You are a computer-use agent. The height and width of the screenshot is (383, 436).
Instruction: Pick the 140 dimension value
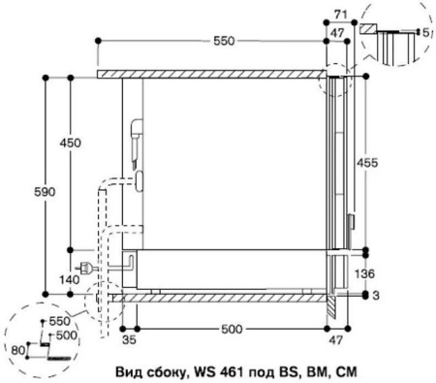pos(71,279)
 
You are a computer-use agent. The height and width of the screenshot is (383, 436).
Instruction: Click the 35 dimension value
pos(125,340)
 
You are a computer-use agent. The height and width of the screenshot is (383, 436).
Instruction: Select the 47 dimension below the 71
pos(338,31)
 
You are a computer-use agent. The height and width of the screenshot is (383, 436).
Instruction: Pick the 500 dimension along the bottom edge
pos(233,330)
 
